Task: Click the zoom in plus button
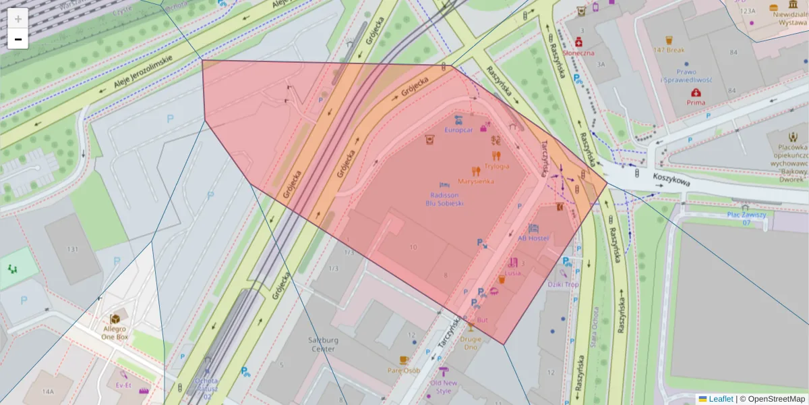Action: (18, 18)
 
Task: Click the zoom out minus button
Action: (18, 39)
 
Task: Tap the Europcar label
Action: (458, 129)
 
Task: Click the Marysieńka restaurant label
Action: (476, 181)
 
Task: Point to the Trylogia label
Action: (496, 166)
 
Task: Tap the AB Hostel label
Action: (533, 238)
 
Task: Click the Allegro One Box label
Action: (115, 331)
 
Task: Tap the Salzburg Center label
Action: (322, 345)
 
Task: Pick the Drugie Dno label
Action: (471, 343)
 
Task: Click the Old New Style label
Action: (444, 387)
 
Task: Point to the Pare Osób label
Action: (403, 370)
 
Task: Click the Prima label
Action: (696, 103)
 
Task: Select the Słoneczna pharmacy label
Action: (578, 53)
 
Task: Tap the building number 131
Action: (73, 249)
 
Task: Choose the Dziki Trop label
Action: (563, 284)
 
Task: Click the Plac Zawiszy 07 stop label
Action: (746, 218)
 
